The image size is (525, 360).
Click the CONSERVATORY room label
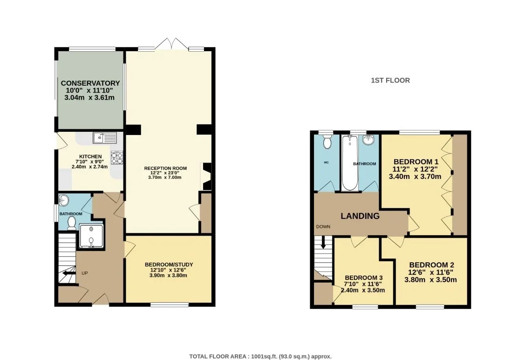90,83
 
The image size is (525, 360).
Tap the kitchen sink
105,138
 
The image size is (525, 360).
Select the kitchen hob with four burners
117,158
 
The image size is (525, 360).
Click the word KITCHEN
90,156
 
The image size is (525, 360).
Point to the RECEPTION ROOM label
165,168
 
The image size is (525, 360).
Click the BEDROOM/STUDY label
169,265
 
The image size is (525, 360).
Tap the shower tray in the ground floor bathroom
91,237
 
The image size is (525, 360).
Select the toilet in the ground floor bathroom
71,223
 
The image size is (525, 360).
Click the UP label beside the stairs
85,273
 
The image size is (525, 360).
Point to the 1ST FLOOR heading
390,81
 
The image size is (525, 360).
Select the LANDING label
360,216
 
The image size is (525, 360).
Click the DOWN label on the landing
323,227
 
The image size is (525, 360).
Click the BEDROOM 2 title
431,265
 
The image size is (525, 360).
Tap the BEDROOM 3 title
364,278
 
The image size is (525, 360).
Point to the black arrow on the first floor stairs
323,243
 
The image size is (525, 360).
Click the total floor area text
260,356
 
